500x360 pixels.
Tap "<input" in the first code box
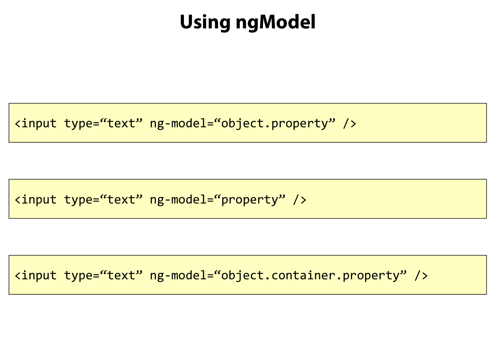[36, 123]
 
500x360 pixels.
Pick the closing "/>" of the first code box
[350, 123]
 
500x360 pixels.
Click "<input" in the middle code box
[36, 199]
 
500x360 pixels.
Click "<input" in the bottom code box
[36, 276]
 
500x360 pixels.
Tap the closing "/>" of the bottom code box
[421, 276]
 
